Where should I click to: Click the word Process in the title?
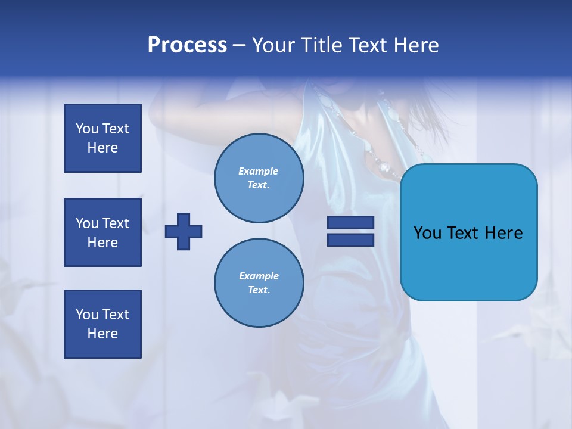pyautogui.click(x=187, y=45)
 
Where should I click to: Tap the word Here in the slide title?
pyautogui.click(x=416, y=45)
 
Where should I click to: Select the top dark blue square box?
pyautogui.click(x=102, y=138)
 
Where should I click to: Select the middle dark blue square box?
pyautogui.click(x=102, y=232)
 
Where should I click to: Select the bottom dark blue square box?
pyautogui.click(x=102, y=324)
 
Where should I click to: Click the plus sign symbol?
pyautogui.click(x=184, y=231)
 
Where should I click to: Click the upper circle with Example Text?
pyautogui.click(x=259, y=178)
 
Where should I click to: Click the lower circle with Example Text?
pyautogui.click(x=259, y=282)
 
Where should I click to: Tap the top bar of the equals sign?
pyautogui.click(x=350, y=223)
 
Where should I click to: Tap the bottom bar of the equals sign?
pyautogui.click(x=350, y=240)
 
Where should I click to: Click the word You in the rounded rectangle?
pyautogui.click(x=427, y=232)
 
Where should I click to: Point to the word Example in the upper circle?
pyautogui.click(x=258, y=171)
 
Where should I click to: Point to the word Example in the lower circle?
pyautogui.click(x=259, y=276)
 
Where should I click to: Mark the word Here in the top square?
pyautogui.click(x=102, y=148)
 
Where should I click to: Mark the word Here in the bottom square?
pyautogui.click(x=102, y=334)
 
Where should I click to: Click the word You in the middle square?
pyautogui.click(x=87, y=223)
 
